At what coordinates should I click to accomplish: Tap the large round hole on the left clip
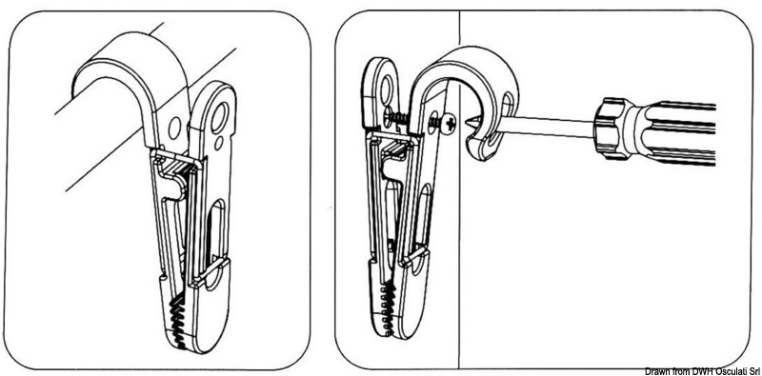click(221, 120)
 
